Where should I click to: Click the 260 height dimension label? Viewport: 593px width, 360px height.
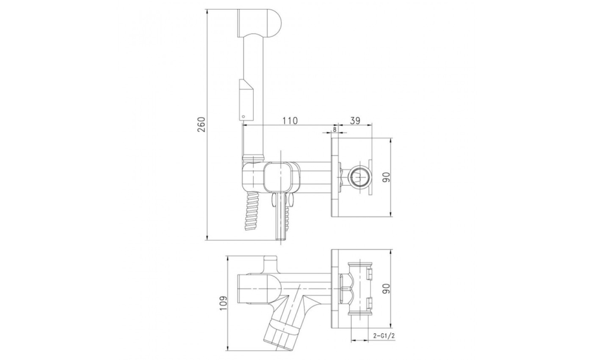[x=202, y=125]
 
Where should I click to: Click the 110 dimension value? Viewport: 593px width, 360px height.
[x=290, y=120]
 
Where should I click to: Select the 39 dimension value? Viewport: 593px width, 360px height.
[x=355, y=120]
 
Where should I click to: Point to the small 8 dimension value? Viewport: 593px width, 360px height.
[x=334, y=129]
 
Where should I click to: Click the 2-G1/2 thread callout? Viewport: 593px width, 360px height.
[x=381, y=325]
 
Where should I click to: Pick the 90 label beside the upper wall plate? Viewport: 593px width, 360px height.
[x=386, y=177]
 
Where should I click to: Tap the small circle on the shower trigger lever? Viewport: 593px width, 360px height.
[x=244, y=116]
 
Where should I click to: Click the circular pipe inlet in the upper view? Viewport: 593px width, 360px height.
[x=358, y=177]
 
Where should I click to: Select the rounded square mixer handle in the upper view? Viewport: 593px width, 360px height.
[x=280, y=177]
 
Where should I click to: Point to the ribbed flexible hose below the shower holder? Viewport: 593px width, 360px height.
[x=251, y=211]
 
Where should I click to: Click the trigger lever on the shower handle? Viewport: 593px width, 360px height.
[x=246, y=100]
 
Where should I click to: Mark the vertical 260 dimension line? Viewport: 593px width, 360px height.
[x=207, y=125]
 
